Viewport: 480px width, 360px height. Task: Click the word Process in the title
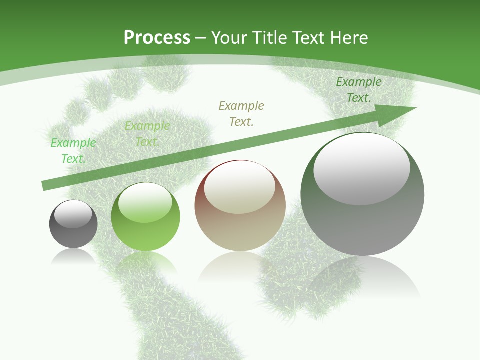pyautogui.click(x=157, y=38)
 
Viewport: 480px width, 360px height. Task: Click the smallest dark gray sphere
pyautogui.click(x=73, y=224)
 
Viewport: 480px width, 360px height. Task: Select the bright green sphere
pyautogui.click(x=145, y=217)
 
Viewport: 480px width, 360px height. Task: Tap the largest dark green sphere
pyautogui.click(x=362, y=195)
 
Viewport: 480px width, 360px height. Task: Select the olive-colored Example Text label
pyautogui.click(x=241, y=113)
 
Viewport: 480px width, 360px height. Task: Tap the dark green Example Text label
pyautogui.click(x=359, y=90)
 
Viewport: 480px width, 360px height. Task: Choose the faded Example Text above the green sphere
pyautogui.click(x=147, y=134)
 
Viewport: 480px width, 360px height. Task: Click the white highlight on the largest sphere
pyautogui.click(x=362, y=167)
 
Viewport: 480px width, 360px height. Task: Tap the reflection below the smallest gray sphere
pyautogui.click(x=73, y=255)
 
